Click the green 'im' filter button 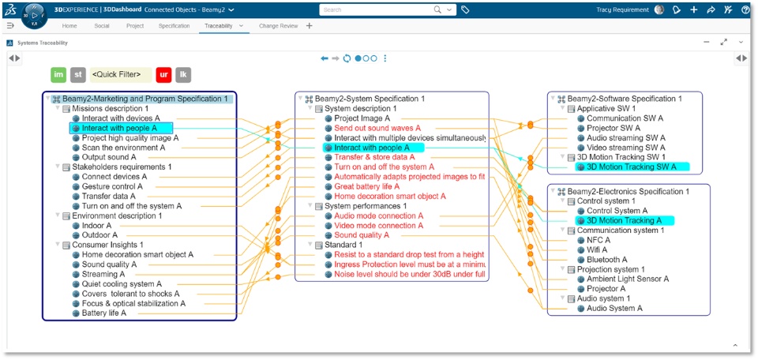(x=58, y=75)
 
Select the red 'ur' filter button (x=163, y=75)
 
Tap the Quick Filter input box (x=120, y=75)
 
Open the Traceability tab (x=218, y=26)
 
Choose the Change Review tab (x=278, y=26)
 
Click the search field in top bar (x=377, y=9)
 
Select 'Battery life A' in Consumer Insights (x=104, y=313)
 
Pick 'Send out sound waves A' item (x=377, y=128)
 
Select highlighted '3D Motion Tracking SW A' (x=631, y=167)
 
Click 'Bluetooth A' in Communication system (x=606, y=259)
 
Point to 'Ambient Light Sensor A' (x=627, y=279)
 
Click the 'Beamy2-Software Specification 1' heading (x=624, y=99)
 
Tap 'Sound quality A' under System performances (x=362, y=235)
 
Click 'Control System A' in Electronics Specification (x=617, y=211)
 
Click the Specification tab (x=174, y=26)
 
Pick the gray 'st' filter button (x=78, y=75)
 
